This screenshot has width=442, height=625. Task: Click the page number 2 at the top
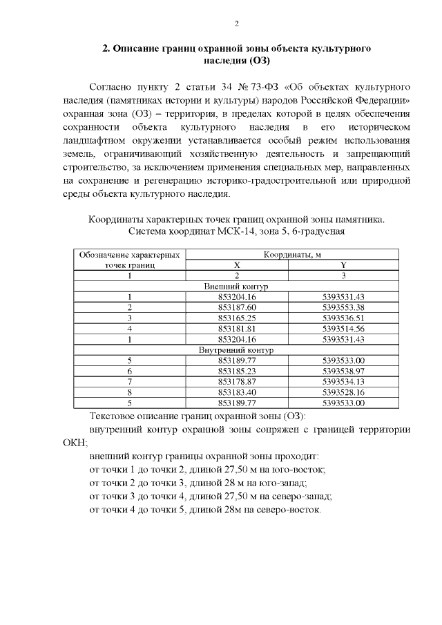(237, 24)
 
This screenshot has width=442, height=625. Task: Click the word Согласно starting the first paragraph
(113, 88)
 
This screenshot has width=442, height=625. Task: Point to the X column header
(237, 265)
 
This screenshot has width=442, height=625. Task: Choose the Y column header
(343, 265)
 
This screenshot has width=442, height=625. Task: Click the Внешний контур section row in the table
(237, 286)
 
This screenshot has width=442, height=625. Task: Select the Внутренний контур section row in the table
(237, 350)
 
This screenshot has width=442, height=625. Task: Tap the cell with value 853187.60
(237, 307)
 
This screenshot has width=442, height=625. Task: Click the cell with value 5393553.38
(343, 307)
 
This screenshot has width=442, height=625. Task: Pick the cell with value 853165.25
(237, 318)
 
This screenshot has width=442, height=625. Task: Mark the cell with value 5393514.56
(343, 329)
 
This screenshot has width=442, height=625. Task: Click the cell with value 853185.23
(237, 372)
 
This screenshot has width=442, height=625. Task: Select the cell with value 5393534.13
(343, 382)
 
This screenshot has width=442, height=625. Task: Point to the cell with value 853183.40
(237, 392)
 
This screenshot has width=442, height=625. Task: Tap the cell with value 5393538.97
(343, 372)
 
